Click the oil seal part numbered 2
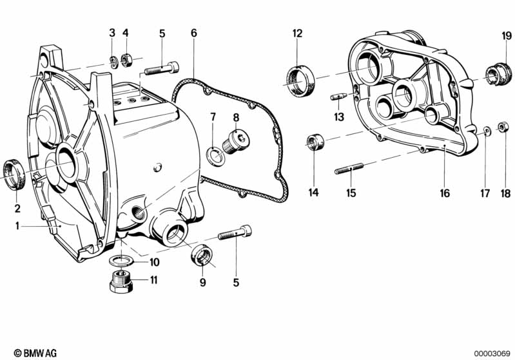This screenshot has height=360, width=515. pyautogui.click(x=14, y=174)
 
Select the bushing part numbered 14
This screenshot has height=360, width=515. pyautogui.click(x=314, y=142)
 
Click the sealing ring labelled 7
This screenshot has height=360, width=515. pyautogui.click(x=215, y=153)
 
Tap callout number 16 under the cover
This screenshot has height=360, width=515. pyautogui.click(x=445, y=193)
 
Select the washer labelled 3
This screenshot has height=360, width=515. pyautogui.click(x=112, y=61)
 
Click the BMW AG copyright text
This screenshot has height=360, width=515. pyautogui.click(x=31, y=353)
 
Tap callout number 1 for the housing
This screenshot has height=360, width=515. pyautogui.click(x=18, y=225)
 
